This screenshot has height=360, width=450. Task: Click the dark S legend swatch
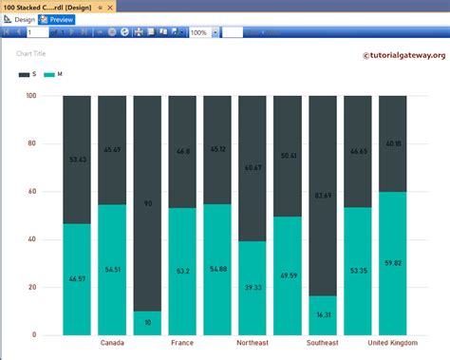(24, 74)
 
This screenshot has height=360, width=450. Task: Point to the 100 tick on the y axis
(30, 96)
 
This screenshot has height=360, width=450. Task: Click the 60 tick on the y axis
(32, 192)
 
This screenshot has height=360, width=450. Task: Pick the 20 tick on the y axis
(32, 287)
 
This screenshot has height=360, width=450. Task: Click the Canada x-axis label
(112, 343)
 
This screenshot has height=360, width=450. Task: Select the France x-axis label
(182, 343)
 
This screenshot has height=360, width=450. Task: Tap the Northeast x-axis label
(252, 343)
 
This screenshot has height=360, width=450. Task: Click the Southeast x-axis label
(323, 343)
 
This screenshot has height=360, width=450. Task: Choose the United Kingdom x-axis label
(391, 343)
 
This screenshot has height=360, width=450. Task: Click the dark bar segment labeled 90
(147, 203)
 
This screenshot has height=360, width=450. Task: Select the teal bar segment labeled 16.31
(323, 315)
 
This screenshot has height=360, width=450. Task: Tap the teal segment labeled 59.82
(392, 263)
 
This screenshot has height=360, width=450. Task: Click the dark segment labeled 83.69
(323, 196)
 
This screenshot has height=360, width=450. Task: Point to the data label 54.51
(112, 270)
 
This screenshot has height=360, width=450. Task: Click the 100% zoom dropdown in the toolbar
(203, 32)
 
